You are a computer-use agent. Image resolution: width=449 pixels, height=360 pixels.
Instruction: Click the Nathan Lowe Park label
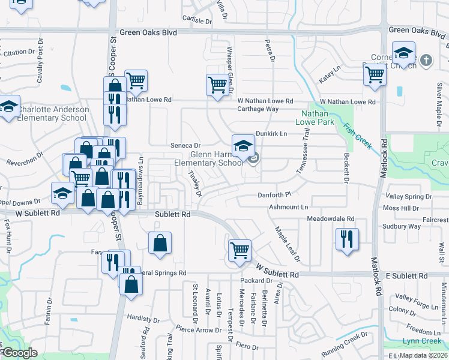pos(315,118)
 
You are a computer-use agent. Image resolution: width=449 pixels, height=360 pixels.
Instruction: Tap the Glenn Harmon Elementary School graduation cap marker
pos(243,146)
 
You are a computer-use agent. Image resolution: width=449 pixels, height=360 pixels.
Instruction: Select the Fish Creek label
pos(358,136)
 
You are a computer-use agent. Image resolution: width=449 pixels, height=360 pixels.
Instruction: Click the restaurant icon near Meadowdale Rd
pos(348,239)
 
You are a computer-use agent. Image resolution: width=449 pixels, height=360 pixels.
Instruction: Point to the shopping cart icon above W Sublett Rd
pos(240,250)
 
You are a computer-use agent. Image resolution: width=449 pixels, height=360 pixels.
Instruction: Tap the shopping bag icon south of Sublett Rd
pos(160,243)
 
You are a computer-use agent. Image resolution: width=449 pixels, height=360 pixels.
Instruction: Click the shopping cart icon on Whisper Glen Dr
pos(217,84)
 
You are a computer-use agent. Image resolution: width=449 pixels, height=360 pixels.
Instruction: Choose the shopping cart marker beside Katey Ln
pos(375,75)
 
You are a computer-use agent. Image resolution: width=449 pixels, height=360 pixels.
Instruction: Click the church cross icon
pos(426,60)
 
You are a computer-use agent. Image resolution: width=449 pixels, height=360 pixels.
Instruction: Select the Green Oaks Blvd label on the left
pos(148,32)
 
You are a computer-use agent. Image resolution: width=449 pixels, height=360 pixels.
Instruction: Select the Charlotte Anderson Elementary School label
pos(53,114)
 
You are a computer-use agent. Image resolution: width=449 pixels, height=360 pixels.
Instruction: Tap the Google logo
pos(19,353)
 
